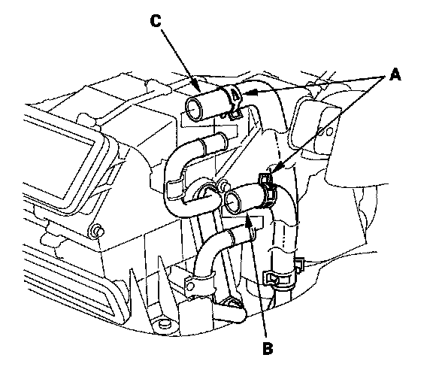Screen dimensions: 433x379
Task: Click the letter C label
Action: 156,21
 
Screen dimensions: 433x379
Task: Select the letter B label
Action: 268,348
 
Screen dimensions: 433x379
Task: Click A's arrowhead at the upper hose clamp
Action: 250,93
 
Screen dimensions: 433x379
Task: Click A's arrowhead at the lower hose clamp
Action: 277,168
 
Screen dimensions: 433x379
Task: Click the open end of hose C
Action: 194,108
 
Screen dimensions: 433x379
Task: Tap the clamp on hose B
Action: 268,190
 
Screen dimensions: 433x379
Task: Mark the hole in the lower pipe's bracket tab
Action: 190,287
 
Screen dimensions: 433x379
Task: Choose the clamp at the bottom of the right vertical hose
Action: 280,277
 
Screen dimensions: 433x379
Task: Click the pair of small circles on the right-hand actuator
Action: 326,132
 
